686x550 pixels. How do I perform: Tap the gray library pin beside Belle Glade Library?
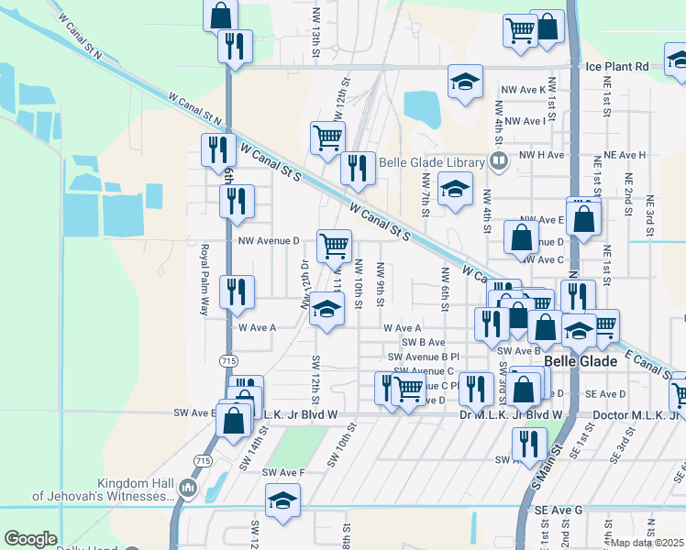point(499,162)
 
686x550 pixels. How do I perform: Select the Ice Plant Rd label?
point(616,66)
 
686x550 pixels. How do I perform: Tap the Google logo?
point(30,539)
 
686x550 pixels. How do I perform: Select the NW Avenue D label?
point(269,241)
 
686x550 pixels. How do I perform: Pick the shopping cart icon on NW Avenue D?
point(334,245)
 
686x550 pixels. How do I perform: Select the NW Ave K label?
point(523,89)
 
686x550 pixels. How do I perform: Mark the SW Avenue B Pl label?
point(423,357)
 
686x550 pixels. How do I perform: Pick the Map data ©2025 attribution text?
point(647,543)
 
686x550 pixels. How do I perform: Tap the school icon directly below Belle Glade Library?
point(455,190)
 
